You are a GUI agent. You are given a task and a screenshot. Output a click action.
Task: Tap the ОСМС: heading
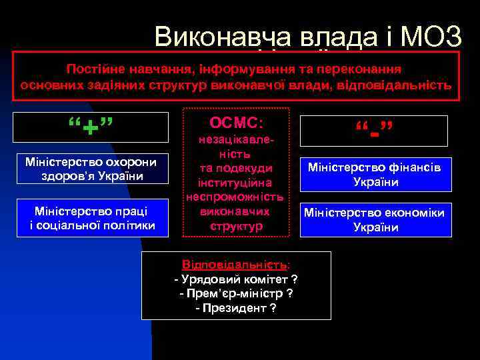point(237,124)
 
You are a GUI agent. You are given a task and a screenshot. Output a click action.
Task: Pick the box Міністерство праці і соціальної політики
point(91,218)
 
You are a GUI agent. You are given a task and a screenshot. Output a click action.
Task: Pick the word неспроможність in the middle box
point(237,197)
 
